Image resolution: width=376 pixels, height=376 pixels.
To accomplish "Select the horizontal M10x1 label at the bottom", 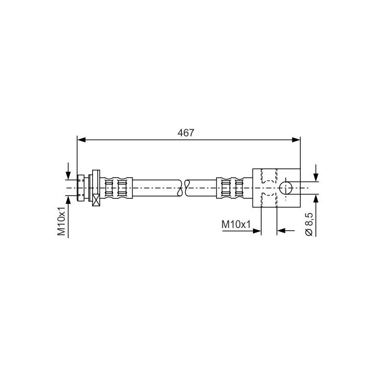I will (x=236, y=226).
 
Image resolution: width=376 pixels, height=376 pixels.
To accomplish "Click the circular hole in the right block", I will (x=285, y=188).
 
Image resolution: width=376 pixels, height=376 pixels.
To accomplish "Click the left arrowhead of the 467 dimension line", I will (x=80, y=139).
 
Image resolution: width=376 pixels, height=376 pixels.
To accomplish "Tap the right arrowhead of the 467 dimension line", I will (x=297, y=139).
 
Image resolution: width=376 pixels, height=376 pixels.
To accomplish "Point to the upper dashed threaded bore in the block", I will (x=268, y=176).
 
